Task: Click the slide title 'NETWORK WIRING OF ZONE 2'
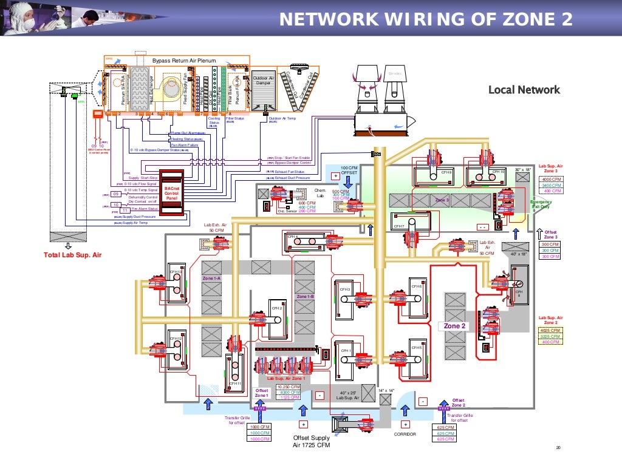[425, 20]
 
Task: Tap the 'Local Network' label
[524, 90]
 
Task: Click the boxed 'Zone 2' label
[454, 326]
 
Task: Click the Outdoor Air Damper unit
[262, 91]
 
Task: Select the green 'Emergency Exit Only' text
[541, 204]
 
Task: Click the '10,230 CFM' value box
[288, 387]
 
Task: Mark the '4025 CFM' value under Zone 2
[550, 330]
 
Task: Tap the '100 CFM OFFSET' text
[350, 170]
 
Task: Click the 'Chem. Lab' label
[320, 193]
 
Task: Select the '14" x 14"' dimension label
[386, 390]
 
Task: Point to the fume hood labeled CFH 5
[417, 348]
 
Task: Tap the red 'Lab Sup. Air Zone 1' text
[285, 378]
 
